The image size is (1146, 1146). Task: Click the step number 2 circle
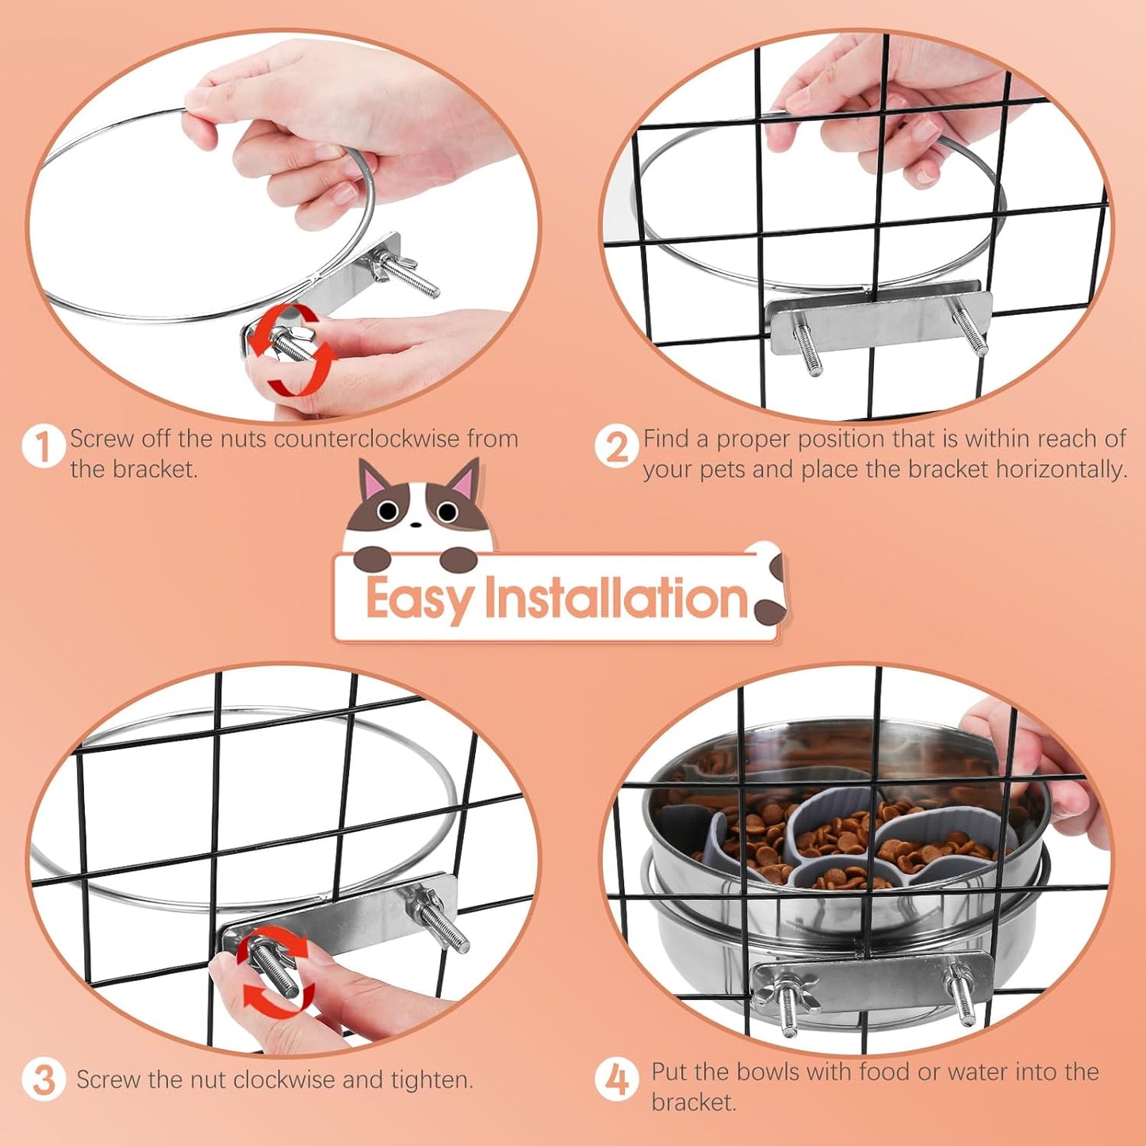tap(616, 447)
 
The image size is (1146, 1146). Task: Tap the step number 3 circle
tap(43, 1080)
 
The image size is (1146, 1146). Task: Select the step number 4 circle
tap(616, 1079)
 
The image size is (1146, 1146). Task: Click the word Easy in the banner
tap(419, 600)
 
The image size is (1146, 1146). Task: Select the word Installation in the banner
tap(615, 598)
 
